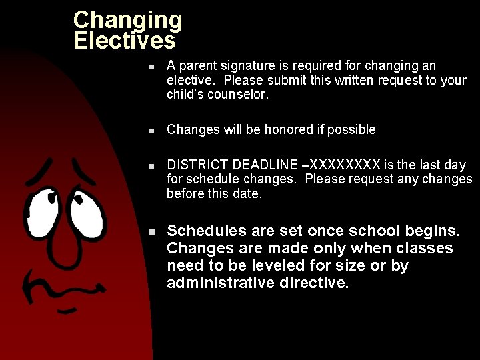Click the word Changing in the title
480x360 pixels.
click(127, 20)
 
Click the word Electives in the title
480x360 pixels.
click(125, 41)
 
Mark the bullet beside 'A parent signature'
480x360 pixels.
click(152, 67)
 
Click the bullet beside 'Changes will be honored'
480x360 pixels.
click(152, 130)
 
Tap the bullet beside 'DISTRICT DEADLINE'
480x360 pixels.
click(152, 165)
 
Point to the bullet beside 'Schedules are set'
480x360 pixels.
click(152, 232)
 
